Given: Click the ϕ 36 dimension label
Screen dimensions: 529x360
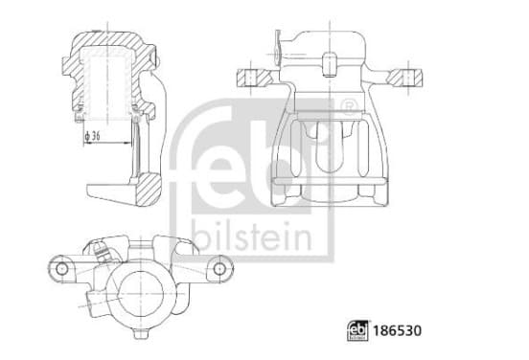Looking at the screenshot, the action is click(92, 136).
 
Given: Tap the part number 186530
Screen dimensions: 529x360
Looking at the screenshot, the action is click(397, 330).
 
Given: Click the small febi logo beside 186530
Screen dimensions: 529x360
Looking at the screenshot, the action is click(358, 330).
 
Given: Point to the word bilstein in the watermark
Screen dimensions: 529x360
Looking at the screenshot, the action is click(252, 236).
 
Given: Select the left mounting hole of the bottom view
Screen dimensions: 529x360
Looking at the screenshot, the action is click(61, 268).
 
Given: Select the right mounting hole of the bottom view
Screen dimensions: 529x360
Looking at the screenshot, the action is click(219, 268).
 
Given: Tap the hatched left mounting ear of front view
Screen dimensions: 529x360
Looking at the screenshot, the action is click(254, 78).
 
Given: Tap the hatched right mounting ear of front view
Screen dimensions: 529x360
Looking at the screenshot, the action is click(404, 78).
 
